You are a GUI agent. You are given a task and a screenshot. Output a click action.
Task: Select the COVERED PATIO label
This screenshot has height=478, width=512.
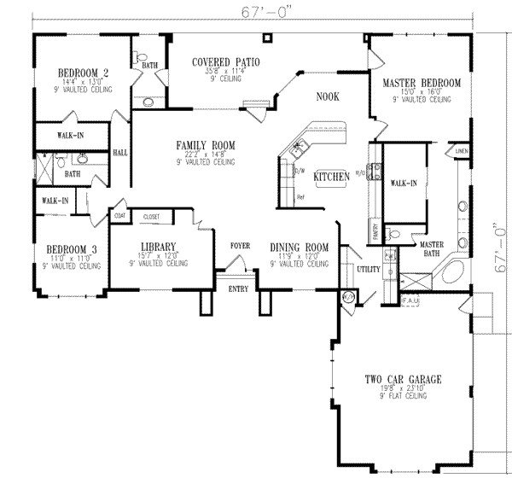(x=225, y=62)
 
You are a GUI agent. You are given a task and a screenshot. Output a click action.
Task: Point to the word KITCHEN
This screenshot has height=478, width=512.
(x=331, y=176)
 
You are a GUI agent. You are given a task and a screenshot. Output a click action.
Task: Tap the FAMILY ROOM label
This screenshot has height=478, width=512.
(x=206, y=145)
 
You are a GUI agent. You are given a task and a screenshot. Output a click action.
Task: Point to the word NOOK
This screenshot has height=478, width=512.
(x=327, y=97)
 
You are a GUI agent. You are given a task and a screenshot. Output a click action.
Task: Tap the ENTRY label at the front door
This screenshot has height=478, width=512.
(x=238, y=289)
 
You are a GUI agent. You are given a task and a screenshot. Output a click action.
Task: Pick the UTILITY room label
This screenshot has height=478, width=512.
(x=368, y=269)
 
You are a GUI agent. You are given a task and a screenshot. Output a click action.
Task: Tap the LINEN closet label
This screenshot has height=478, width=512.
(x=462, y=151)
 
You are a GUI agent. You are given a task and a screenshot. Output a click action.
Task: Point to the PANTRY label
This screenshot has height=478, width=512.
(x=375, y=230)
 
